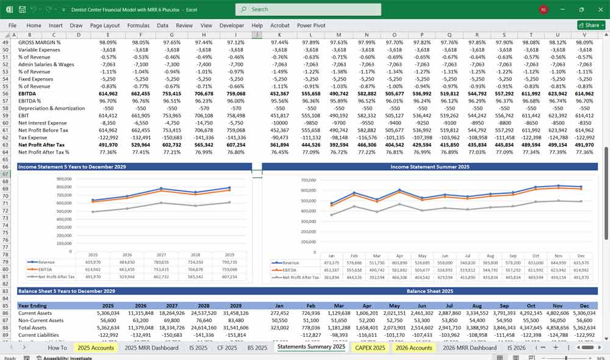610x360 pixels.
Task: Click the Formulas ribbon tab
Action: (138, 26)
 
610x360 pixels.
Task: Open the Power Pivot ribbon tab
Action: (312, 26)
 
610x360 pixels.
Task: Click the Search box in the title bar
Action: (308, 9)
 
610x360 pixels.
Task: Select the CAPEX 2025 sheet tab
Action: (370, 347)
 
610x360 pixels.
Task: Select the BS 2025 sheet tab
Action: (257, 347)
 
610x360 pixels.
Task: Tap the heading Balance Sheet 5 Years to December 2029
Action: (66, 291)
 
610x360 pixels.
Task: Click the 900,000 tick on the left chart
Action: (63, 179)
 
